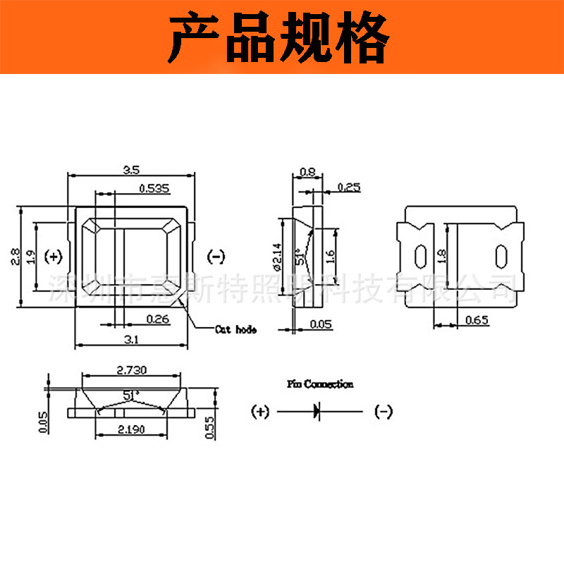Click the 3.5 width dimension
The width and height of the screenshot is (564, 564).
[130, 169]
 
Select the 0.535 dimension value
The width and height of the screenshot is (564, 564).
[154, 188]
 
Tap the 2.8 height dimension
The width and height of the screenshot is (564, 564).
[14, 257]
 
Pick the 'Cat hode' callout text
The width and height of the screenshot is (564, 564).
[236, 329]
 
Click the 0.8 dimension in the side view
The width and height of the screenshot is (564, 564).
[307, 171]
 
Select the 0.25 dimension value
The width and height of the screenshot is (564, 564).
[349, 188]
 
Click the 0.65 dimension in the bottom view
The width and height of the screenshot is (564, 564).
[477, 321]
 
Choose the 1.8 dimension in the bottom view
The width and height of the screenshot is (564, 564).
[442, 255]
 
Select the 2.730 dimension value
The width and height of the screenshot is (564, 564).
[130, 370]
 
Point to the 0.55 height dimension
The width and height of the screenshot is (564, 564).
[209, 427]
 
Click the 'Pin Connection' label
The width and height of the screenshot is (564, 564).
[320, 384]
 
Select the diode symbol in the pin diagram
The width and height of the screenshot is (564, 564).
[316, 412]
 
